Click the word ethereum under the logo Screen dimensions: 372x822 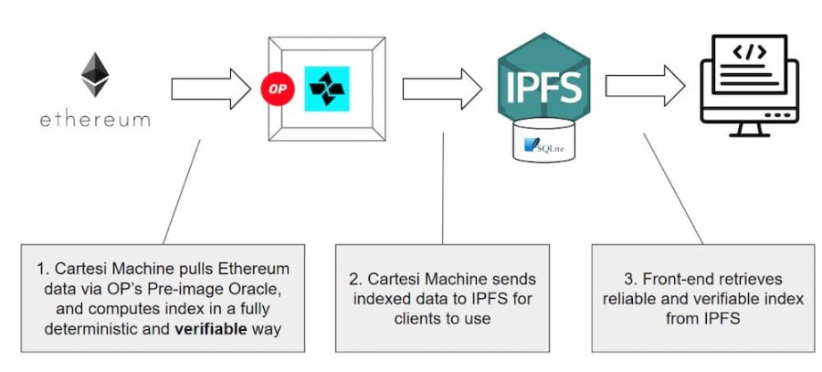95,120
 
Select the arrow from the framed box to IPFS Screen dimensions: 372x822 442,89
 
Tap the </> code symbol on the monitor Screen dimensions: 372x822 751,51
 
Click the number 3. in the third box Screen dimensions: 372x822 629,279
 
